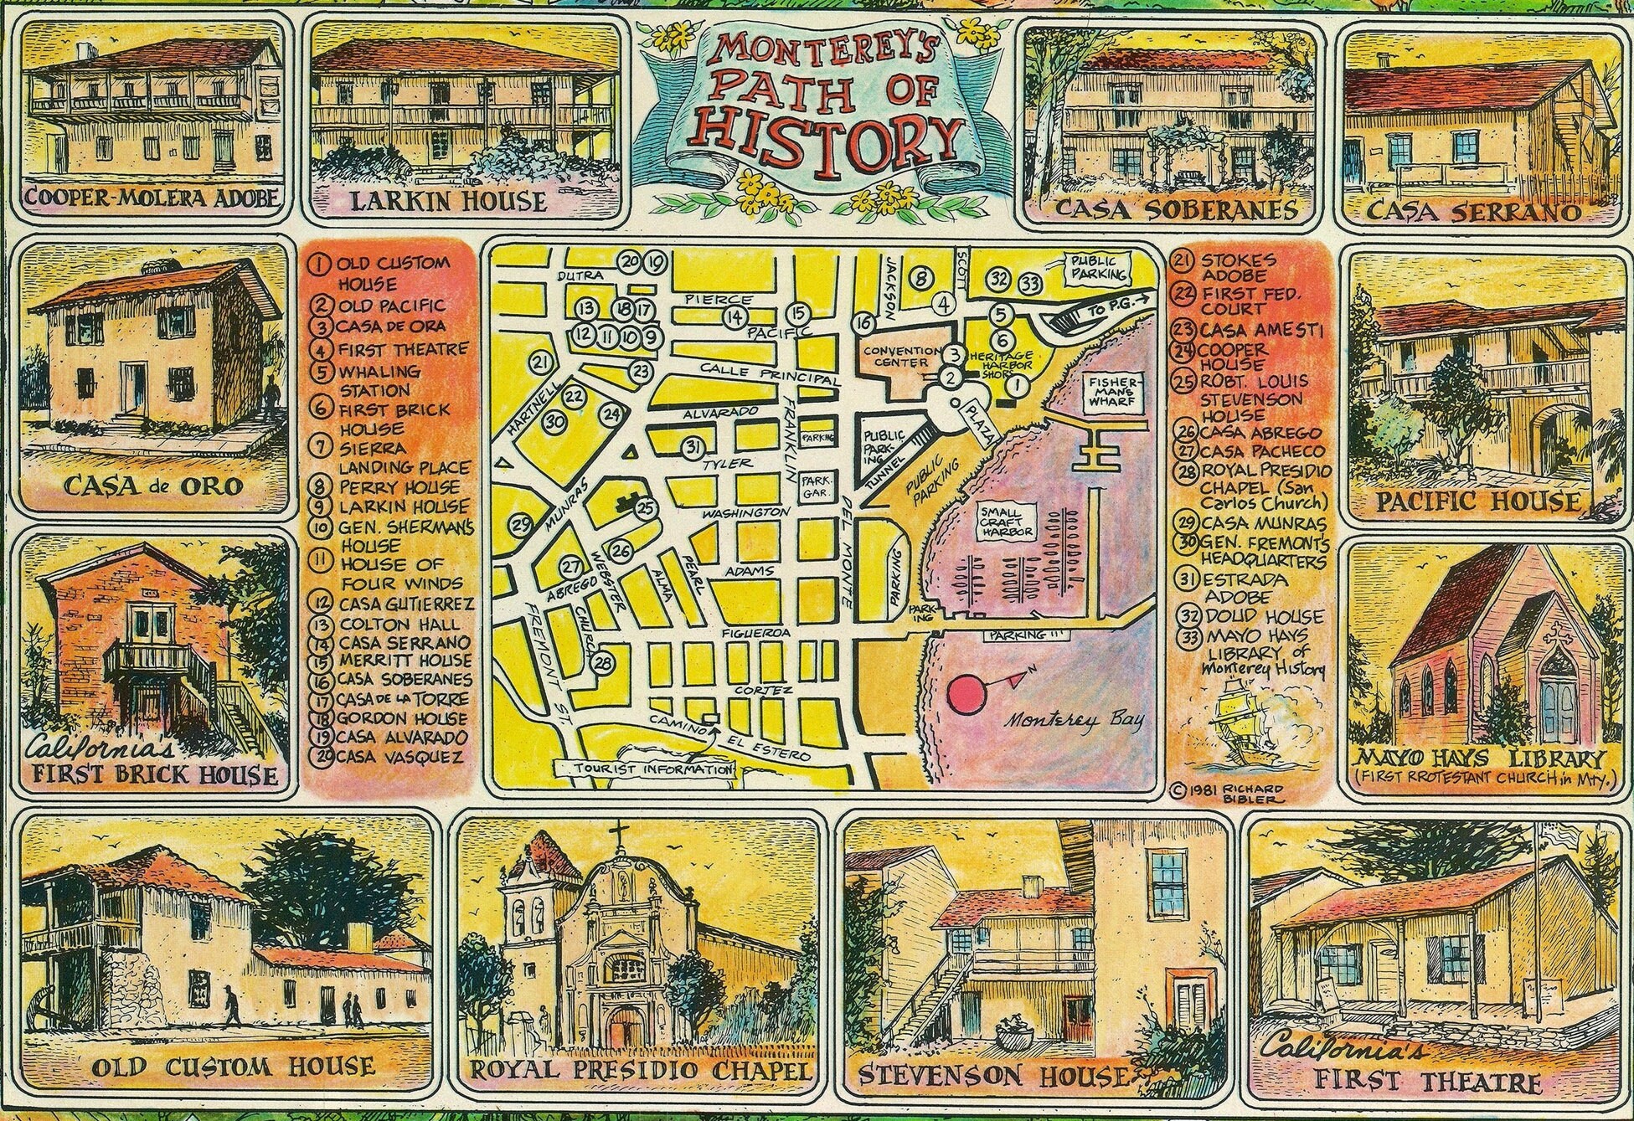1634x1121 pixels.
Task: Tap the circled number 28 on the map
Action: click(x=603, y=664)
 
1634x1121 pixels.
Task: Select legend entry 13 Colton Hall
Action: click(x=387, y=625)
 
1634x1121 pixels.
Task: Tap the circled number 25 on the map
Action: click(x=643, y=507)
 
